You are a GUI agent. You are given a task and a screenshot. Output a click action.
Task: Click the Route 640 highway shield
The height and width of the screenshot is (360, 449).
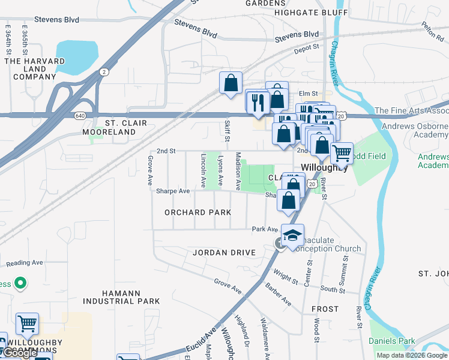click(80, 115)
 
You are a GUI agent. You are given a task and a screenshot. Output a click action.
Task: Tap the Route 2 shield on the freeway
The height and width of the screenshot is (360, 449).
click(105, 72)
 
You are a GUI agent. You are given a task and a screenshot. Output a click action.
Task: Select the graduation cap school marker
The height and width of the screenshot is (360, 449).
click(292, 235)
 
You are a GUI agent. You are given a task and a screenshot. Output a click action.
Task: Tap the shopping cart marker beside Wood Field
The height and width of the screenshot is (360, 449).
click(342, 153)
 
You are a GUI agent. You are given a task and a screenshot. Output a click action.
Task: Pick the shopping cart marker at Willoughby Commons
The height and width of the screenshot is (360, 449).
click(27, 325)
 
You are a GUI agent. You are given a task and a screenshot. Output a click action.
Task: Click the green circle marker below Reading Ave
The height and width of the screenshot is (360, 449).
click(20, 282)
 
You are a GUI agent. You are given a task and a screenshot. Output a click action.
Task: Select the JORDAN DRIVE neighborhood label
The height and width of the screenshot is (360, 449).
click(224, 253)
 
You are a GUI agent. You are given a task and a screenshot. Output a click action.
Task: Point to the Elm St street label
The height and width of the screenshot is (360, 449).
click(307, 93)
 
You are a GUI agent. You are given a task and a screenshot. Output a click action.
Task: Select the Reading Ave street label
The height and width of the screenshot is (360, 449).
click(25, 263)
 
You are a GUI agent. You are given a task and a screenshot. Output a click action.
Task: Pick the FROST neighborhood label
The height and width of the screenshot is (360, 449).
click(325, 308)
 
